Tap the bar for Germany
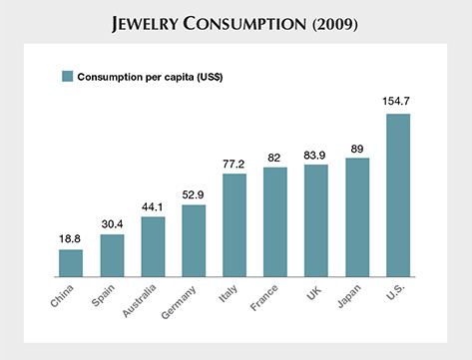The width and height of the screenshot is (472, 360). pos(194,240)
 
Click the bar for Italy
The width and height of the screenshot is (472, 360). pos(235,224)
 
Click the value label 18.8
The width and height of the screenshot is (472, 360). pos(71,238)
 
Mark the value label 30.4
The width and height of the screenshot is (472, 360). pos(112,223)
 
